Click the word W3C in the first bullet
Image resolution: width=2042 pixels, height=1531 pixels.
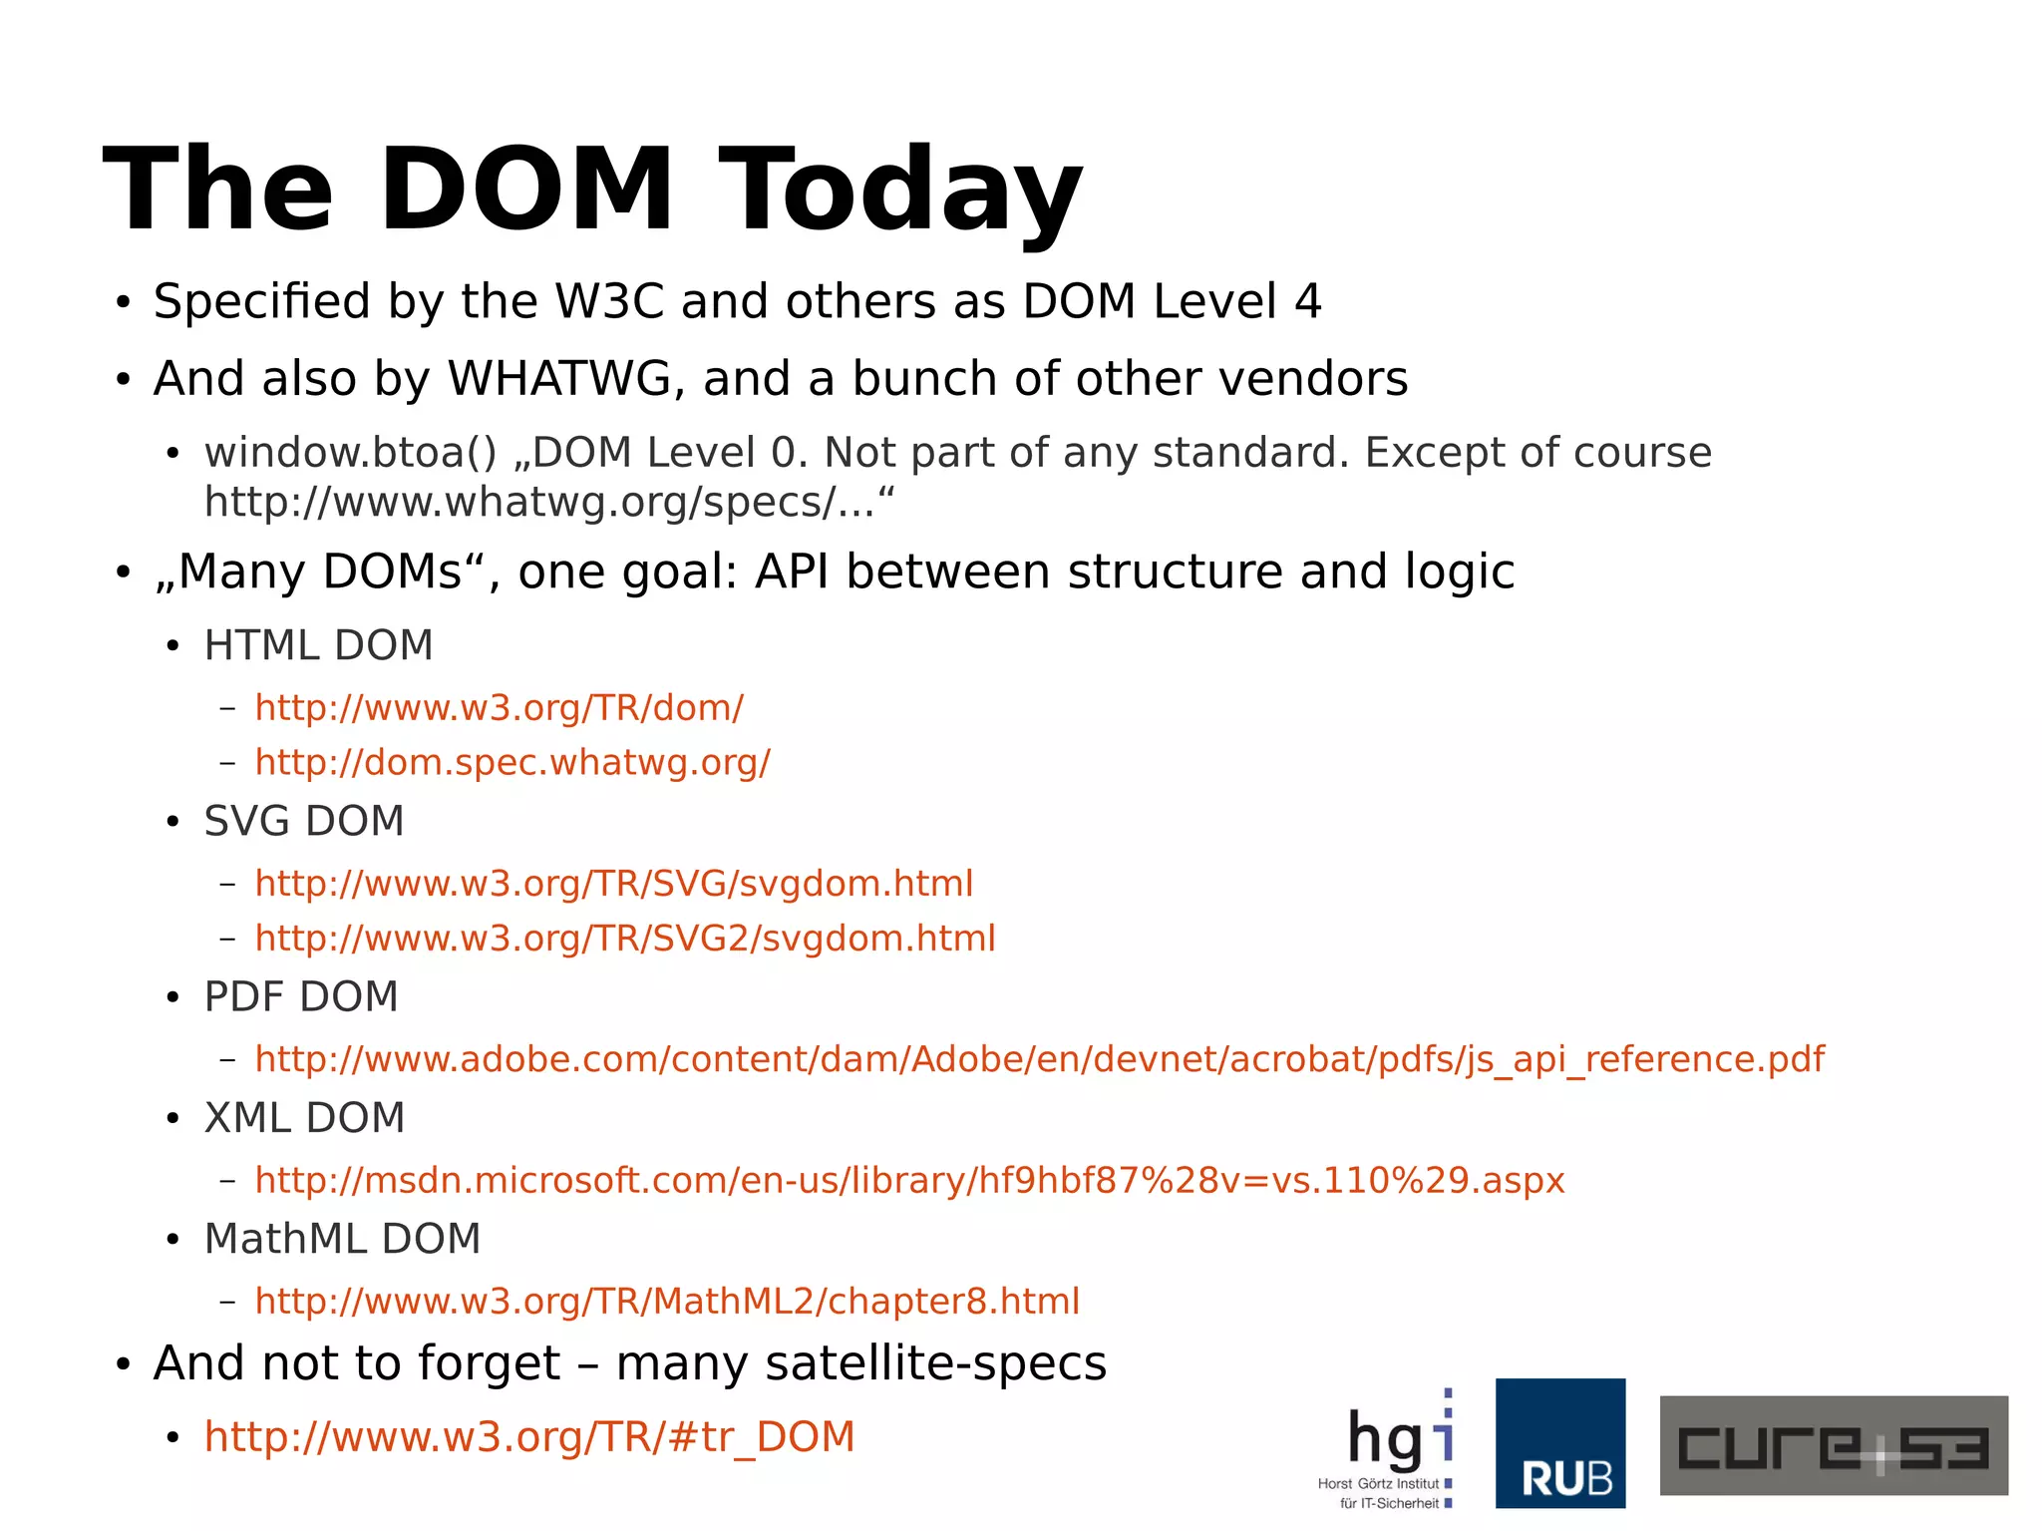point(608,301)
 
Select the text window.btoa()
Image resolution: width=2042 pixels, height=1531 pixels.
point(350,453)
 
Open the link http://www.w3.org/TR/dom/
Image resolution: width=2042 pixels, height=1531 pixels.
point(499,708)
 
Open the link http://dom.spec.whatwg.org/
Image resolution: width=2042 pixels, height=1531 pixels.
point(512,763)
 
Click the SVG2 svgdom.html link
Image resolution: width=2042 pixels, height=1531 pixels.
point(625,939)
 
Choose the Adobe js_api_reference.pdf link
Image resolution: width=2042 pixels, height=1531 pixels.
point(1039,1059)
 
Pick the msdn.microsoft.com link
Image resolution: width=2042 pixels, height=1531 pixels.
point(909,1181)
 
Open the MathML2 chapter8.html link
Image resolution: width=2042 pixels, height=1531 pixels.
point(667,1302)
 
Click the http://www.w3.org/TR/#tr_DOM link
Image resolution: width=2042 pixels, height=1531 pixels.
point(529,1437)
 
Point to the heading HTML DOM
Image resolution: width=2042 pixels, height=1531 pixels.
point(318,646)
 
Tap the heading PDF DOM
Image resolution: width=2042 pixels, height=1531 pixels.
point(301,997)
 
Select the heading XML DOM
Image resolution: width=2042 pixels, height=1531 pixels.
point(304,1119)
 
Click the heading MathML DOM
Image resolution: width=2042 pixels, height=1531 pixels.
point(342,1240)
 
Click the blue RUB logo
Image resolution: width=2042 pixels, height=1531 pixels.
point(1559,1443)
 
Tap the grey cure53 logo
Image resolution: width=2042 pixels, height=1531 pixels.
point(1833,1445)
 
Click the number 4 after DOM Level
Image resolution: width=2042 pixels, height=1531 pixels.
point(1307,301)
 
